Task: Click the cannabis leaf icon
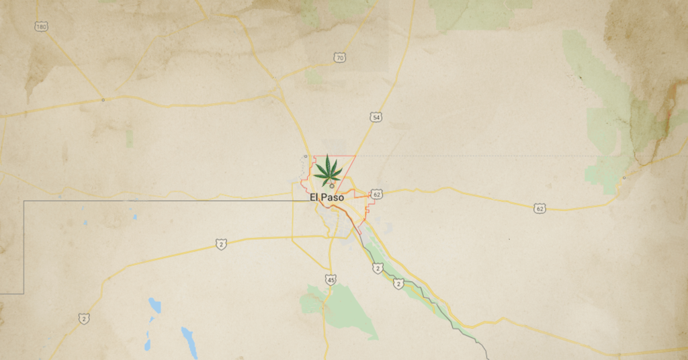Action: tap(328, 170)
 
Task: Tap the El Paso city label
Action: tap(328, 197)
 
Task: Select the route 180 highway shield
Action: tap(41, 27)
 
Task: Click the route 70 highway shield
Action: tap(341, 58)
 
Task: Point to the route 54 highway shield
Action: tap(376, 118)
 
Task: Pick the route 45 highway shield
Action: tap(331, 279)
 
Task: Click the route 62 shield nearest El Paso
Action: tap(376, 194)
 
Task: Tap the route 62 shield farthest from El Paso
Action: tap(540, 209)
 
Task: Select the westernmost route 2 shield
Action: tap(83, 318)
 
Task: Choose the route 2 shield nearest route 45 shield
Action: tap(378, 269)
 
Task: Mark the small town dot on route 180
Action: tap(103, 100)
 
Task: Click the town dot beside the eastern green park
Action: tap(624, 178)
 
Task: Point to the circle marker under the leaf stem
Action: tap(331, 186)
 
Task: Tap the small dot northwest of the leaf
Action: tap(306, 156)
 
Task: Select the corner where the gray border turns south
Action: tap(24, 201)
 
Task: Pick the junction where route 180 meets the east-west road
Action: tap(103, 100)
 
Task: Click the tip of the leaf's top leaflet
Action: tap(329, 155)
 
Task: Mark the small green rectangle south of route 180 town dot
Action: tap(129, 138)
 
